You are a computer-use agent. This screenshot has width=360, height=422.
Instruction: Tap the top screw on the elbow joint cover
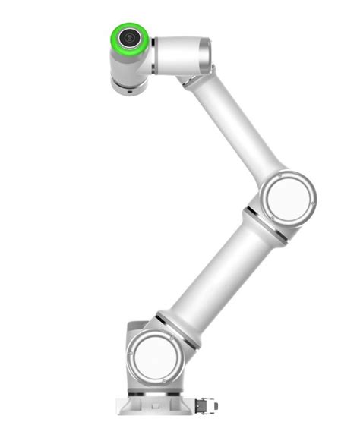point(287,173)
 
